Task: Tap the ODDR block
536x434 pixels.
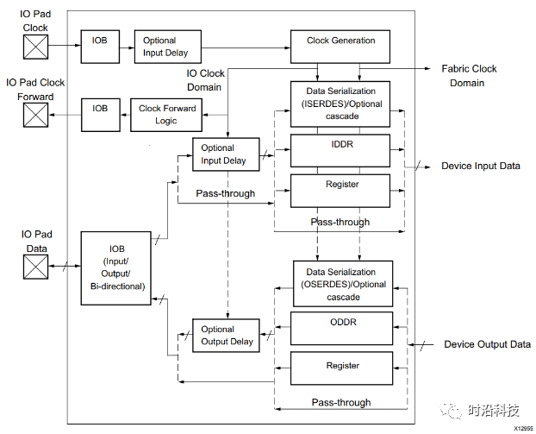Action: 341,329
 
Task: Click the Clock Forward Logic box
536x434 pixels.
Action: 167,114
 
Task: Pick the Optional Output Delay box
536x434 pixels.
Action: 226,335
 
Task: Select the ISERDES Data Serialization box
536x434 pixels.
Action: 340,104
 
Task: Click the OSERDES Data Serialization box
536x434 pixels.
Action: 343,284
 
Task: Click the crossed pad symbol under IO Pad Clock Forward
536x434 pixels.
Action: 35,115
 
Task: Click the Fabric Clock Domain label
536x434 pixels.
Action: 469,76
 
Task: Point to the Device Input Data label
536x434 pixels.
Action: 480,166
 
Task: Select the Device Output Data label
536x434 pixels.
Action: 487,344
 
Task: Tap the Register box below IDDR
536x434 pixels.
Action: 340,190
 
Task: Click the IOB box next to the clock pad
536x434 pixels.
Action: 100,41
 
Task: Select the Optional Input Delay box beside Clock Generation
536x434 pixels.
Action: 167,46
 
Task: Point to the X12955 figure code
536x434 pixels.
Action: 523,428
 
